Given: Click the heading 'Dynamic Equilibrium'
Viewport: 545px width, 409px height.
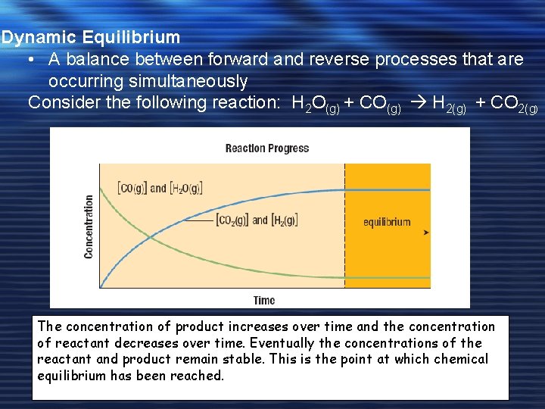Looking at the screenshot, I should coord(91,37).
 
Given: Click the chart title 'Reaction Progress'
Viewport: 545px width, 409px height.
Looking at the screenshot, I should coord(267,148).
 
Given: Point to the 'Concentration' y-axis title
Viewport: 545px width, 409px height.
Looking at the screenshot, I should coord(89,227).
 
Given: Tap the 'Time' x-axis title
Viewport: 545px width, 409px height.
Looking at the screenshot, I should coord(264,301).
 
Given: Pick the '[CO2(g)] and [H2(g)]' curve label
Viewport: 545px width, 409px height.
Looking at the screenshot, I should coord(256,220).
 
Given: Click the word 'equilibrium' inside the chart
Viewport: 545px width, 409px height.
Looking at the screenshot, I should coord(387,222).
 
